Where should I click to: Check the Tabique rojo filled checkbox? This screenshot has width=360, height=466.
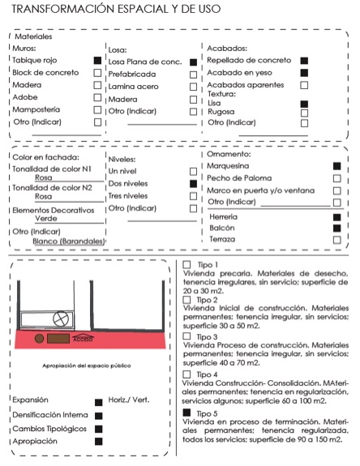(x=97, y=61)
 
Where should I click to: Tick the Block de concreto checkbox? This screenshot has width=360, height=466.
(x=97, y=73)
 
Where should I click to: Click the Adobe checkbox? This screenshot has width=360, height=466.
(x=97, y=97)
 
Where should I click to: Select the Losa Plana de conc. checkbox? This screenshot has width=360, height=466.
(x=193, y=62)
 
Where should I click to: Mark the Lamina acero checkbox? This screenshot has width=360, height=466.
(x=193, y=87)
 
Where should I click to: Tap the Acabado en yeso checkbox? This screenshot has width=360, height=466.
(x=304, y=73)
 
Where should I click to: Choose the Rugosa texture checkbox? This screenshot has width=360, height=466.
(x=304, y=113)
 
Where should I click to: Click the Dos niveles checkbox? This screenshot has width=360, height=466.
(x=193, y=184)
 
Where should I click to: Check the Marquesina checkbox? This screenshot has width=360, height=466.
(x=336, y=166)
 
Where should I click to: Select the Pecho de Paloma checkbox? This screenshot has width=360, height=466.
(x=336, y=178)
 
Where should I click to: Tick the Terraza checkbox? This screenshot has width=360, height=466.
(x=336, y=240)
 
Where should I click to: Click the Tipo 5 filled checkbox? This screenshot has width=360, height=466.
(x=186, y=413)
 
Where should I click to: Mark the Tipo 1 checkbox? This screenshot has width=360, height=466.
(x=186, y=264)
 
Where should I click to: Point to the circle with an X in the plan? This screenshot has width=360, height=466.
(x=61, y=319)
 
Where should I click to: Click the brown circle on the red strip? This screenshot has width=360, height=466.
(x=39, y=338)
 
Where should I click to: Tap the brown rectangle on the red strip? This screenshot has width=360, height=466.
(x=58, y=339)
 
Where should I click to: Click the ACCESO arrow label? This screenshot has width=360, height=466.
(x=84, y=338)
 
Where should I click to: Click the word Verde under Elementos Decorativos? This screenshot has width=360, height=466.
(x=46, y=219)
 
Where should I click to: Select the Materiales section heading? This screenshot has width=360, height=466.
(x=33, y=36)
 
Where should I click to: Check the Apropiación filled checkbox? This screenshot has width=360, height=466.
(x=99, y=442)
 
